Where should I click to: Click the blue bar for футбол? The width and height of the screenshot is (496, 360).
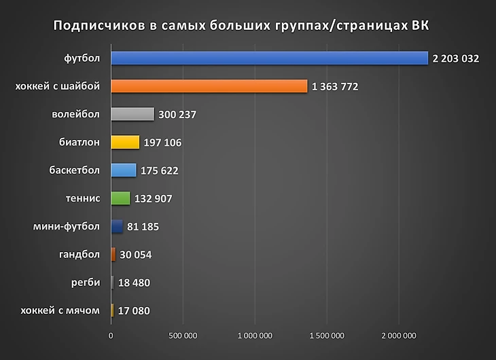click(269, 58)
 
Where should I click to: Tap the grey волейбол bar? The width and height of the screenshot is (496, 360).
click(132, 114)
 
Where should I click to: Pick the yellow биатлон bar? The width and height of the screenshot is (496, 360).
click(125, 142)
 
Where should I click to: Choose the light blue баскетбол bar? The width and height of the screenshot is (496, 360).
click(123, 170)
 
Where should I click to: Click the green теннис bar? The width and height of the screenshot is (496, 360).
click(120, 198)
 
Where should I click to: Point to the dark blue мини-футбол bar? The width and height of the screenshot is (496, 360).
click(116, 226)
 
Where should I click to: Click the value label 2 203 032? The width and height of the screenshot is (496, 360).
click(455, 59)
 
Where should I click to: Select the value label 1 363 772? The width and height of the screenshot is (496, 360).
click(335, 87)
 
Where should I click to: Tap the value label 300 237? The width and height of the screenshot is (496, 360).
click(177, 115)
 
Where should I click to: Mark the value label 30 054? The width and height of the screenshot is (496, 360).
click(135, 255)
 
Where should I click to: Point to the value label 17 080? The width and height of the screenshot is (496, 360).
click(132, 311)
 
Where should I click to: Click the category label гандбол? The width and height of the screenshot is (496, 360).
click(79, 255)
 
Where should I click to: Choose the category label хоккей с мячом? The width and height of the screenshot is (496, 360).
click(60, 310)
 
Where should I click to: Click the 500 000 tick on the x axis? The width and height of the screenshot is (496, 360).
click(183, 336)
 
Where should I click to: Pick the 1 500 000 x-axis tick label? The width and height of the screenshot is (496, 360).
click(327, 336)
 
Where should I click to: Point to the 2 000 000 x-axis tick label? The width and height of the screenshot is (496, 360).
click(399, 336)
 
